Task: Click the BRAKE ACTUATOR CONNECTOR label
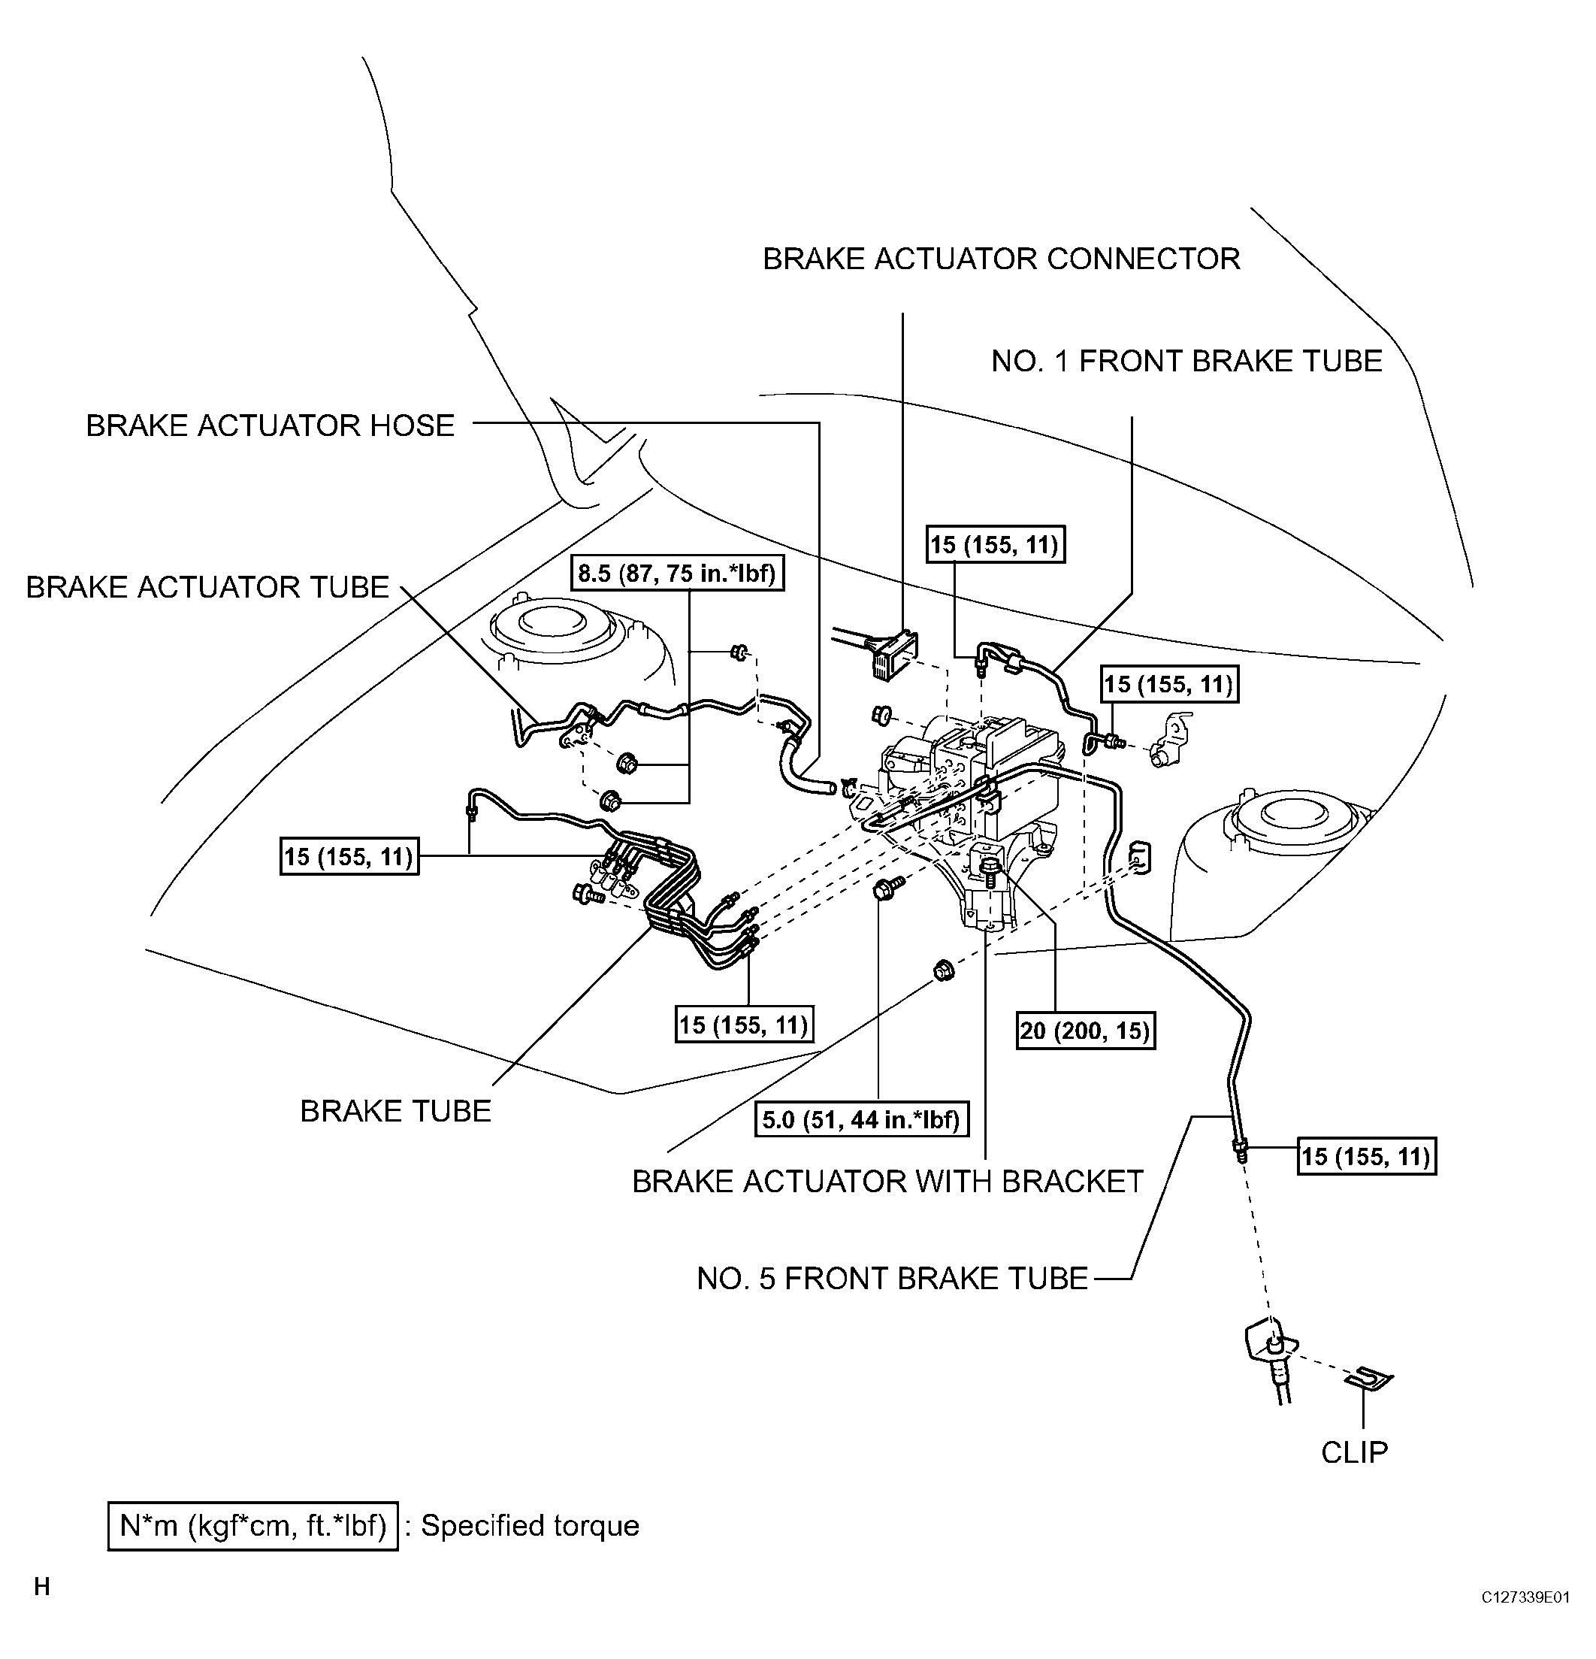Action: [1001, 259]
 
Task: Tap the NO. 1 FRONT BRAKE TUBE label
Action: [1186, 362]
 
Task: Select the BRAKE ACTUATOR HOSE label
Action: [270, 425]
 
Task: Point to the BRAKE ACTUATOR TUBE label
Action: [207, 587]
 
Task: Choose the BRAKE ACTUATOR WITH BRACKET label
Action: [887, 1182]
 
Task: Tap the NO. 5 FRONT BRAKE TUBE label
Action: [892, 1278]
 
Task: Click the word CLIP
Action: [1354, 1452]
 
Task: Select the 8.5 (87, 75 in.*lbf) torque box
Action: [676, 574]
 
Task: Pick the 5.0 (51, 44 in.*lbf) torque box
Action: [860, 1120]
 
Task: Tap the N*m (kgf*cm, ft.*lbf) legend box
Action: [253, 1525]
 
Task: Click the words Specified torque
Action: [530, 1525]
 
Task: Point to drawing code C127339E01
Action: [1525, 1597]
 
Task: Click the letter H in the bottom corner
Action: [42, 1587]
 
